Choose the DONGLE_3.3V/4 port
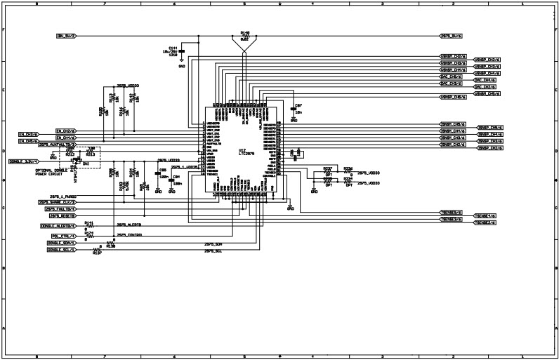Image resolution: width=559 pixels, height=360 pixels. [24, 161]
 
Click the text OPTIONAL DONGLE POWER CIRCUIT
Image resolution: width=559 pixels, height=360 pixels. [51, 173]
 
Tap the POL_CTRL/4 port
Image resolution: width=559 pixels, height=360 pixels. [59, 236]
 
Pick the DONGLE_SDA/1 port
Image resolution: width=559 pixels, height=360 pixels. [61, 244]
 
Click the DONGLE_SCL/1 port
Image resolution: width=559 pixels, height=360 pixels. [61, 250]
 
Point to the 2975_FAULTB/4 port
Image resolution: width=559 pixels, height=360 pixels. [60, 209]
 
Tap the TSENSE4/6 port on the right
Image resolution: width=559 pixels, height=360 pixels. [485, 215]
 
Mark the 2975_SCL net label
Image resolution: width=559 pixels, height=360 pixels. [213, 250]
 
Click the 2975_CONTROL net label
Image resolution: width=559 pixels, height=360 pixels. [129, 235]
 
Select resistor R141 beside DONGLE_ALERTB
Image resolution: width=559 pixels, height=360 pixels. [89, 225]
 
